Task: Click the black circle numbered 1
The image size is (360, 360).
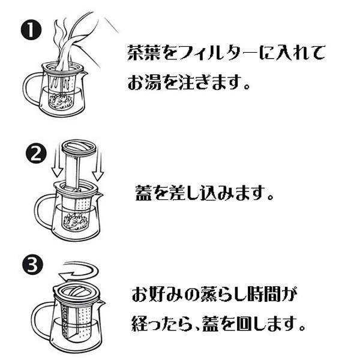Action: (x=29, y=30)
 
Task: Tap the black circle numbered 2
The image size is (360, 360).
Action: (x=35, y=154)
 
